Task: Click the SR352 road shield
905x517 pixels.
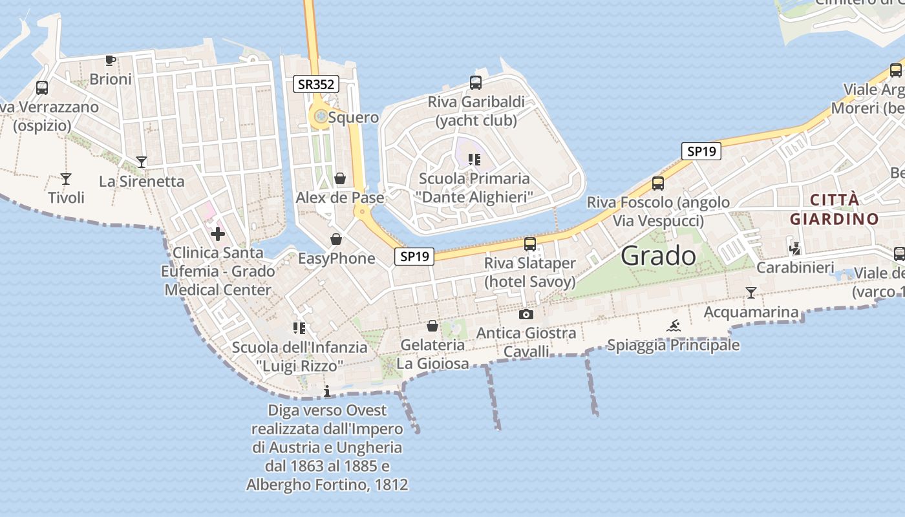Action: (x=315, y=83)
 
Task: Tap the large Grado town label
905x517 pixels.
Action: (x=658, y=256)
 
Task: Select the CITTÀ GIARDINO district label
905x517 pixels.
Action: (x=834, y=209)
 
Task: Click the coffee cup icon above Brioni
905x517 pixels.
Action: (x=111, y=61)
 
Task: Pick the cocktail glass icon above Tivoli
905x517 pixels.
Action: (x=65, y=178)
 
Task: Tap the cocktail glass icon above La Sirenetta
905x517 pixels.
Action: (x=142, y=162)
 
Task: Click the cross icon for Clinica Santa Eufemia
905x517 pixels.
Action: (x=217, y=233)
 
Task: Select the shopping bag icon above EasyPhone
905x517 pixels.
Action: (x=336, y=240)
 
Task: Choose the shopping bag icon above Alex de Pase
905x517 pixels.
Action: (x=340, y=178)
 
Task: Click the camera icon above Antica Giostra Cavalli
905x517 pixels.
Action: (x=526, y=315)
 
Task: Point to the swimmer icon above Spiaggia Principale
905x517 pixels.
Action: (x=673, y=326)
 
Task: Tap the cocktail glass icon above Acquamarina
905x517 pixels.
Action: (x=751, y=293)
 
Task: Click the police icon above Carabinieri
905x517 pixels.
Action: (x=795, y=248)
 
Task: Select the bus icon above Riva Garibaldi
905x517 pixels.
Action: (x=475, y=83)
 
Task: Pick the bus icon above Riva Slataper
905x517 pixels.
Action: (x=530, y=244)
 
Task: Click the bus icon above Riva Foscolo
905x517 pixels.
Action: (x=657, y=184)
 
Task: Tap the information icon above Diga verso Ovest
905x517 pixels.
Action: (x=327, y=391)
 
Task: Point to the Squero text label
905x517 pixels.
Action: (x=353, y=118)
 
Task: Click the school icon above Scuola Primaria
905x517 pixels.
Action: (x=475, y=159)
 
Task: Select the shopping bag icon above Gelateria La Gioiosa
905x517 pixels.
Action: (x=432, y=326)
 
